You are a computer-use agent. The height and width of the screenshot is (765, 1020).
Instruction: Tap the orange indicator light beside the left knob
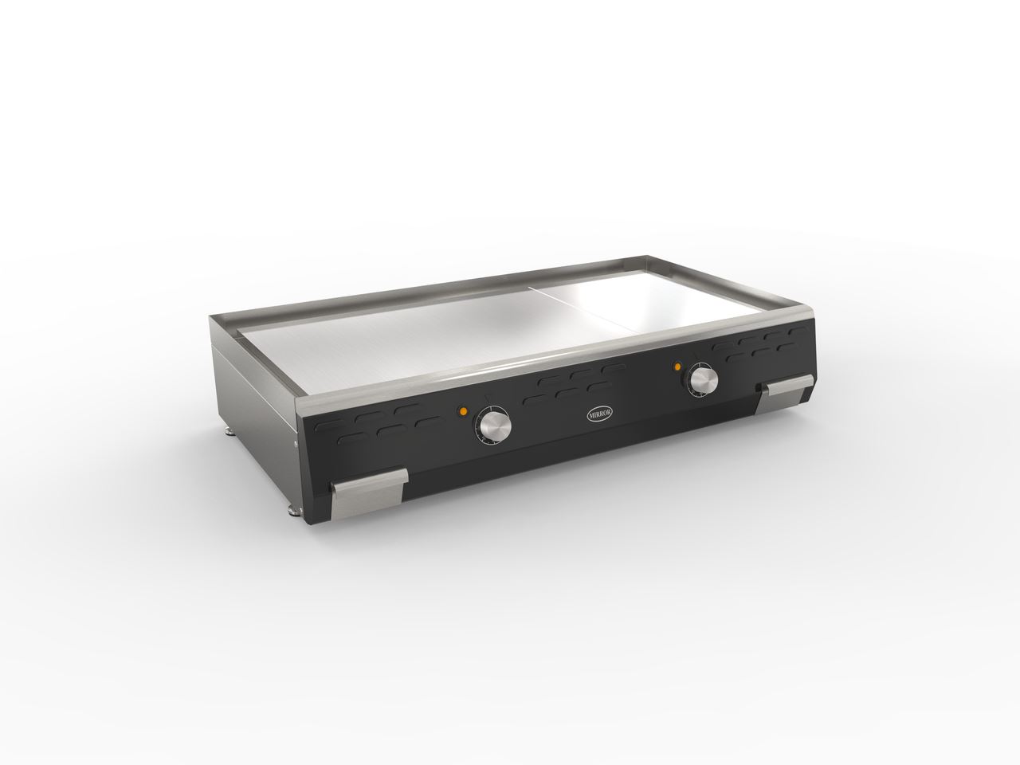[x=463, y=411]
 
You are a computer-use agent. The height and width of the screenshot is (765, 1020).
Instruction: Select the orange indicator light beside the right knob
[x=677, y=367]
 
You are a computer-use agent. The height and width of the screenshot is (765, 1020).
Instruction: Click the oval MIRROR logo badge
[x=600, y=414]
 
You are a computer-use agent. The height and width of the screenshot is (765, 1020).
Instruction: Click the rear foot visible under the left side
[x=230, y=432]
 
